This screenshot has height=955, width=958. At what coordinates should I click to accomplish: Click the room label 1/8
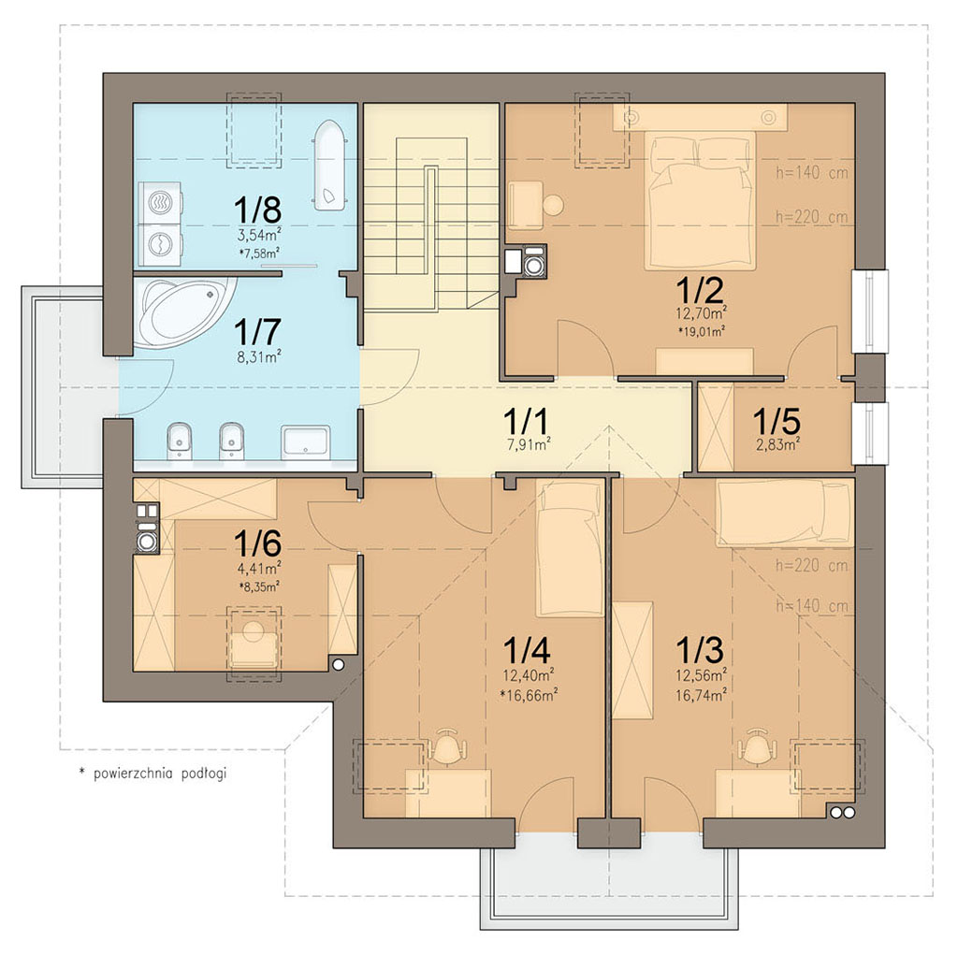tap(257, 210)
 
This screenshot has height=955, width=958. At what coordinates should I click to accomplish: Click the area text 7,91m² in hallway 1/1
tap(529, 445)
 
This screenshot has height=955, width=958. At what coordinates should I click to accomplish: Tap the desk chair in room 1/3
tap(757, 745)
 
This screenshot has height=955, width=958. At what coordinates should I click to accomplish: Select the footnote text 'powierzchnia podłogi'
tap(159, 774)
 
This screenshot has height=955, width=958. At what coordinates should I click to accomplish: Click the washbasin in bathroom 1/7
tap(305, 441)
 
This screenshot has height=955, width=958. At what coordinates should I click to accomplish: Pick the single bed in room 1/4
tap(569, 548)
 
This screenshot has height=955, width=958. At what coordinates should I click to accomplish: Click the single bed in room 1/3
tap(785, 512)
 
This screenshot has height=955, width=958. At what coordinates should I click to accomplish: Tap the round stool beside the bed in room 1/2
tap(554, 205)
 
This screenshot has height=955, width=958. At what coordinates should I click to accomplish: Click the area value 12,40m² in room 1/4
tap(529, 675)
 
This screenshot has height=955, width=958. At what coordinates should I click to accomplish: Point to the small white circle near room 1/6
tap(339, 665)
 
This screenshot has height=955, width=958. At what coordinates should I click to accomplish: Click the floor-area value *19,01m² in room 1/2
tap(701, 332)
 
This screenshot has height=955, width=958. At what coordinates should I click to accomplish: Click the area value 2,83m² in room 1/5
tap(778, 445)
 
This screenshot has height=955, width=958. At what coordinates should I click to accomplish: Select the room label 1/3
tap(700, 650)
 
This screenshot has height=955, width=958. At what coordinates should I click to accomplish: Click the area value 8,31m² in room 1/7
tap(258, 356)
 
